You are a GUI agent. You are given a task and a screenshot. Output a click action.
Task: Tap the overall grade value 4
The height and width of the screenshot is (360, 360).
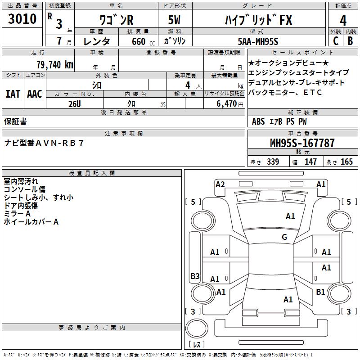(343, 21)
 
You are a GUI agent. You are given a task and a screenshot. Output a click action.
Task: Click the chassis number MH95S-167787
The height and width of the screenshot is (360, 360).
(302, 143)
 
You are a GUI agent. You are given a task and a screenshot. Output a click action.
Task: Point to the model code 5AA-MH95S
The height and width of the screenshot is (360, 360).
(258, 41)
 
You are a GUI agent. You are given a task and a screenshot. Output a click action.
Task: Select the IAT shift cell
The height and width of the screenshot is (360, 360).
(13, 94)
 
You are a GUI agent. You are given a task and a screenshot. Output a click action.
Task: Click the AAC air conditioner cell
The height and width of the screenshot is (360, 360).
(35, 94)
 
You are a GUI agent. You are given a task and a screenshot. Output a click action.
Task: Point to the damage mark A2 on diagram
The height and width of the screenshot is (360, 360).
(220, 184)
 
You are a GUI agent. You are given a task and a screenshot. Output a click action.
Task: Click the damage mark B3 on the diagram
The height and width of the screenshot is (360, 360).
(195, 276)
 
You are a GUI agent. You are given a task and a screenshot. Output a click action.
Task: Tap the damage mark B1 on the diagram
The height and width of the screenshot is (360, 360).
(320, 292)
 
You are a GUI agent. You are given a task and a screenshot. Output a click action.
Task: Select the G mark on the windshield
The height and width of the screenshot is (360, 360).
(284, 237)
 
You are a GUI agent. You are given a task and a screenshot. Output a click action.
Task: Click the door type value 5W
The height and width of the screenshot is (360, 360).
(175, 21)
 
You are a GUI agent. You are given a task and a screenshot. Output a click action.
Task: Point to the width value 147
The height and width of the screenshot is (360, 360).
(310, 162)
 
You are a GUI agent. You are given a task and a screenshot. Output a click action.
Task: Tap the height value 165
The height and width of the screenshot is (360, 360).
(346, 162)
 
